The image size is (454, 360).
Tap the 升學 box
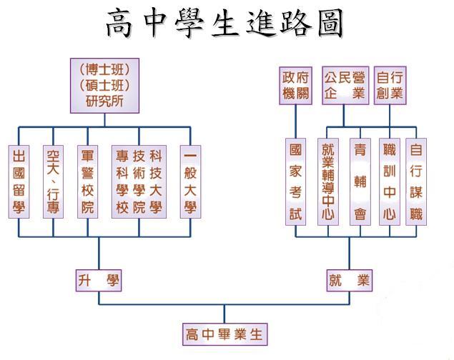tap(99, 281)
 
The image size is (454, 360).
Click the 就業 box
tap(349, 281)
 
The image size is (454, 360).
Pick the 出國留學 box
tap(19, 181)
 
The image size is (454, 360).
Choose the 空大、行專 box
tap(53, 181)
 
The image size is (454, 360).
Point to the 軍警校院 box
tap(87, 181)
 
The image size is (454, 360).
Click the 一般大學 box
tap(189, 181)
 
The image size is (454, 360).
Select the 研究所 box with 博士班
tap(104, 86)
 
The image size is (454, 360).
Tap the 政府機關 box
tap(295, 86)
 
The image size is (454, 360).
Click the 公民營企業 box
tap(345, 86)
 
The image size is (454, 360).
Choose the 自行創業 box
tap(390, 86)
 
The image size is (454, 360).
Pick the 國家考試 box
tap(295, 181)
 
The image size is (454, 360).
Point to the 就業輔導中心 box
tap(328, 181)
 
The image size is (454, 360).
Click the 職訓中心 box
tap(390, 181)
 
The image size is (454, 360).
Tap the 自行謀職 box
tap(415, 181)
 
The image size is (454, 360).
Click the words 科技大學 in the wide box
tap(155, 181)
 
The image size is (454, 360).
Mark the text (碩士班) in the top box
tap(104, 86)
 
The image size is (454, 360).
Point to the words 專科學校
tap(122, 181)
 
